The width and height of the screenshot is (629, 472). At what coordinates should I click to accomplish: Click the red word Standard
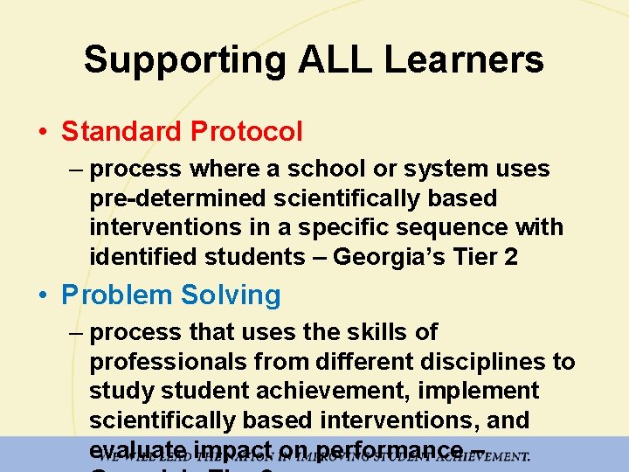(121, 132)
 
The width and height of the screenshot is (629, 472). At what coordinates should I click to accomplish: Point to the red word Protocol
(246, 132)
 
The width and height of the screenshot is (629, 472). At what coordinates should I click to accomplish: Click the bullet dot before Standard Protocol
(43, 133)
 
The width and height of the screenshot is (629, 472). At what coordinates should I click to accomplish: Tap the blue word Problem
(116, 295)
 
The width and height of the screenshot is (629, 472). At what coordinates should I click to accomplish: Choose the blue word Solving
(231, 295)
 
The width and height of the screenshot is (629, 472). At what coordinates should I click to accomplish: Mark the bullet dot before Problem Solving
(43, 296)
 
